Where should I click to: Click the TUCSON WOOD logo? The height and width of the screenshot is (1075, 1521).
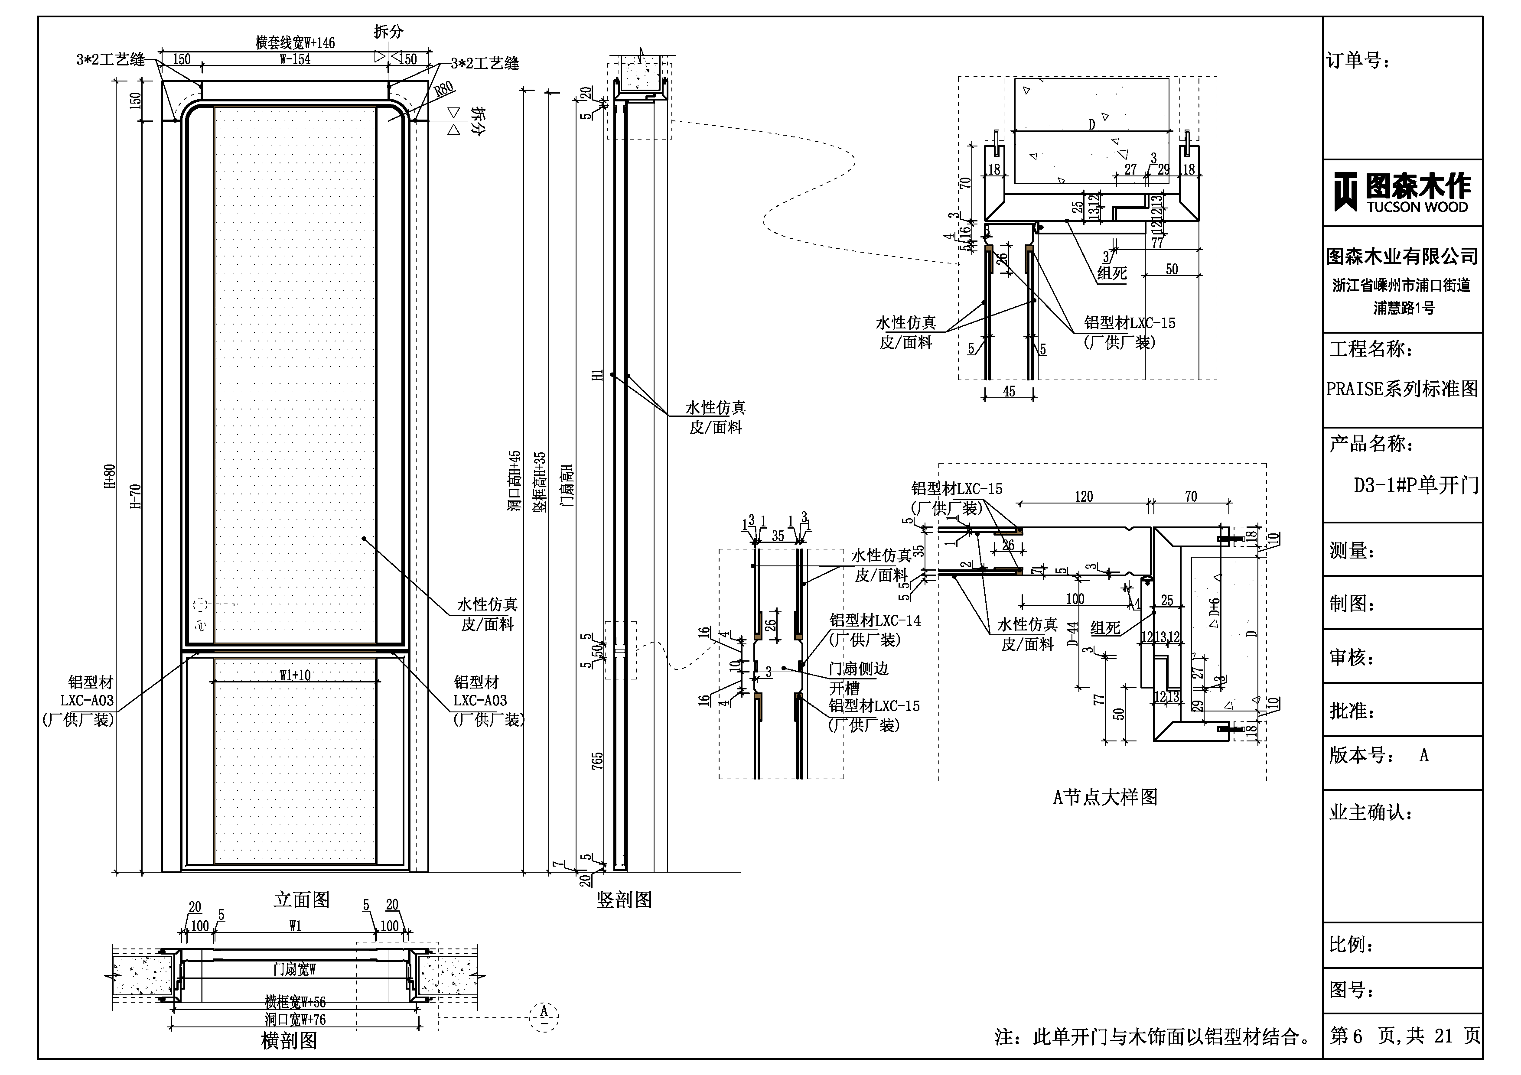1402,193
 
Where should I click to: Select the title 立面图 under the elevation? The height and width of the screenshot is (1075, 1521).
301,900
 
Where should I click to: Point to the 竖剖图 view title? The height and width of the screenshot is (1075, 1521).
624,900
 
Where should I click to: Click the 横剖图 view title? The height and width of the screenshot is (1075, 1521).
289,1041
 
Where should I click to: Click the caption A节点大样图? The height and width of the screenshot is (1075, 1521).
1105,797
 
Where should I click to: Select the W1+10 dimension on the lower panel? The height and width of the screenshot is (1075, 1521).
295,675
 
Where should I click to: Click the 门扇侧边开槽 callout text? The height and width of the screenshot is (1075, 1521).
858,678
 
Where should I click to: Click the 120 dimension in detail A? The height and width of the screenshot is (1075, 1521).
1083,496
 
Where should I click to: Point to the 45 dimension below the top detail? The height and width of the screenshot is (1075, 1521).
1008,391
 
